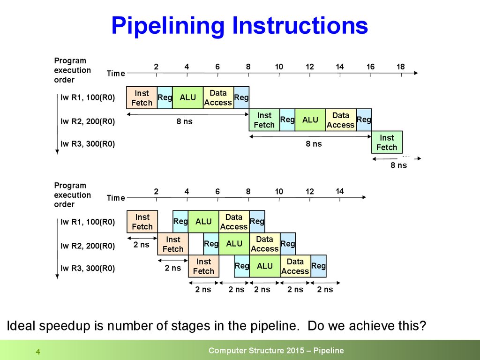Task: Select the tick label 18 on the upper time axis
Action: [400, 67]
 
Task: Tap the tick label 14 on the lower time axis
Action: [340, 191]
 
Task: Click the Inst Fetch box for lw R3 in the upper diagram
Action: [387, 142]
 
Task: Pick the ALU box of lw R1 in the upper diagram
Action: [188, 97]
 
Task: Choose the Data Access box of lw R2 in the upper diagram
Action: [340, 120]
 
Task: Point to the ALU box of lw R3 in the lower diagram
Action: [265, 266]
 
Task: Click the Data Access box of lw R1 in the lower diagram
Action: [233, 222]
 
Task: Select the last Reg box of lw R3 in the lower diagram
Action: [318, 266]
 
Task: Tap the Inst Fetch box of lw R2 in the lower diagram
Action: [173, 244]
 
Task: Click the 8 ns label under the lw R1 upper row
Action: [184, 121]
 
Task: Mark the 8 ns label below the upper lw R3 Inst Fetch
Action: [399, 165]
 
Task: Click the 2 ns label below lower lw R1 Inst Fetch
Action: [142, 244]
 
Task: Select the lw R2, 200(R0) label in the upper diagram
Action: [88, 121]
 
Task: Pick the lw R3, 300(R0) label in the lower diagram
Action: [88, 269]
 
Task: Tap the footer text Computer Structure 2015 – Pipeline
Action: [276, 351]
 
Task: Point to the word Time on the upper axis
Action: [116, 73]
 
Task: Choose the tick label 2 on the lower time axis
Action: [156, 191]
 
